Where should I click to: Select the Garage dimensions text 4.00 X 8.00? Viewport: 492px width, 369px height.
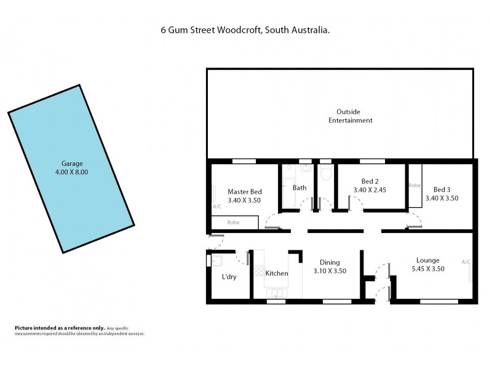click(72, 172)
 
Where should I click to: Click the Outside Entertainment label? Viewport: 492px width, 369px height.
click(350, 116)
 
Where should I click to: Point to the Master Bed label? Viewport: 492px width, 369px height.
click(244, 191)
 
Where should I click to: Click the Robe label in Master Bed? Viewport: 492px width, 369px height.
click(234, 223)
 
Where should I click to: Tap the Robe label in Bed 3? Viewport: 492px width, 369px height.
click(415, 184)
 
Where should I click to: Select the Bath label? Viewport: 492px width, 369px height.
click(300, 188)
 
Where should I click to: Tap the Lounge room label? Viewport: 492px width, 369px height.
click(427, 260)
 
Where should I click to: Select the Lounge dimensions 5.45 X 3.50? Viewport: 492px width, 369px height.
click(427, 269)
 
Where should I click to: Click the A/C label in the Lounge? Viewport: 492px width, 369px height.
click(466, 262)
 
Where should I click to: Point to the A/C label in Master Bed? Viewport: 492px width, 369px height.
click(216, 207)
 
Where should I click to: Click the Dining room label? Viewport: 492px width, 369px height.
click(330, 262)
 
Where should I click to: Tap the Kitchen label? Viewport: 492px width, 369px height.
click(276, 273)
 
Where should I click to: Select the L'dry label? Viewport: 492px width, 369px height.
click(229, 277)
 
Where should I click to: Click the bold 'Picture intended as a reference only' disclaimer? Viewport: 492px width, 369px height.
click(59, 328)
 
